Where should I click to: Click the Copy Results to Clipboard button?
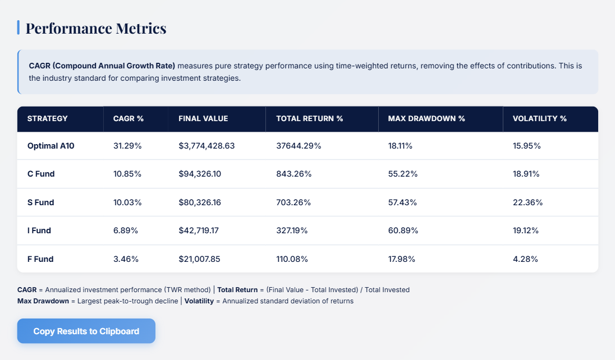(x=86, y=331)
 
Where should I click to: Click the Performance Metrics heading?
(x=96, y=28)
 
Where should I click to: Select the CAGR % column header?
(x=128, y=118)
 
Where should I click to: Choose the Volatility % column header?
(x=539, y=118)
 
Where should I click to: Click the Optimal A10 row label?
(x=51, y=146)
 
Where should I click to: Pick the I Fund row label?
(x=39, y=230)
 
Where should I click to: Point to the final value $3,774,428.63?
(x=206, y=146)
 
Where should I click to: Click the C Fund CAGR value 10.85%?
(x=127, y=174)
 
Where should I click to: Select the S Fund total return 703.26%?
(x=293, y=202)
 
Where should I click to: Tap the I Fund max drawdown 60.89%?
(x=402, y=230)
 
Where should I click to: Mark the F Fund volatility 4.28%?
(x=525, y=259)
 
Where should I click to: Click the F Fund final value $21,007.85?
(x=200, y=259)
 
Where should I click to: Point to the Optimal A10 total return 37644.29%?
(x=299, y=146)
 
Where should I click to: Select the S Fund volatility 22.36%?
(x=527, y=202)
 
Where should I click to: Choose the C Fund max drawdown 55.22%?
(x=402, y=174)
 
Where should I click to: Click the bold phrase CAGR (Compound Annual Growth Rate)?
(x=102, y=66)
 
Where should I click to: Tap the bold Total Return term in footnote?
(x=237, y=290)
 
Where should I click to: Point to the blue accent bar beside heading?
(x=19, y=27)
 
